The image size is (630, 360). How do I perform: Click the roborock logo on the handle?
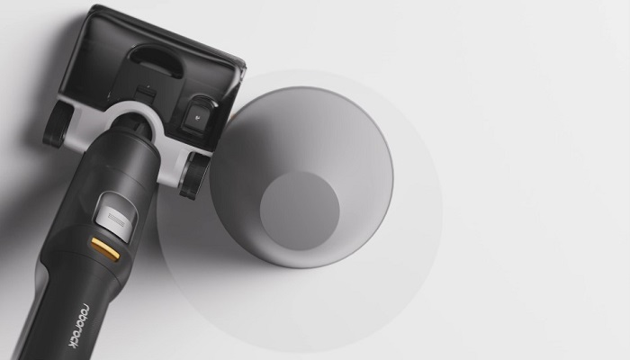(x=79, y=326)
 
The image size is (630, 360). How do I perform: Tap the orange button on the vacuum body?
(x=105, y=249)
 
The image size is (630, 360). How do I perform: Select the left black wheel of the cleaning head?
(x=57, y=124)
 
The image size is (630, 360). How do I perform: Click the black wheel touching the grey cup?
(x=194, y=175)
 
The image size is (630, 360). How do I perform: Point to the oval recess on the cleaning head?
(x=156, y=59)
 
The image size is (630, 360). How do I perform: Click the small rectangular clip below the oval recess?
(x=146, y=94)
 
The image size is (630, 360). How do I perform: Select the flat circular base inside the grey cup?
(x=300, y=211)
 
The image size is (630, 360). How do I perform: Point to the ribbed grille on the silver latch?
(x=116, y=220)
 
